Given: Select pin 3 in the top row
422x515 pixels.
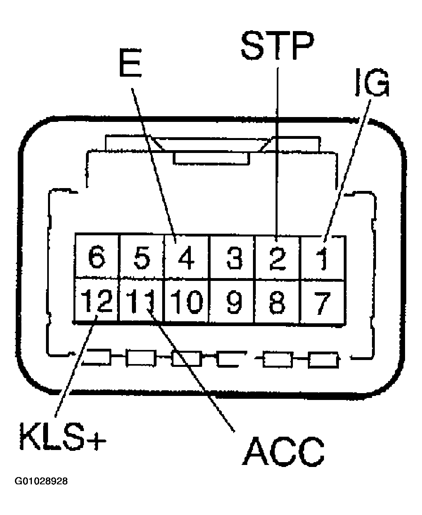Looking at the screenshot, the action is pos(233,257).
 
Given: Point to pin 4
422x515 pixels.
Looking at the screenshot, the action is pos(186,257).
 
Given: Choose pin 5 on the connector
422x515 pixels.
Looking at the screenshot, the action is pos(141,257).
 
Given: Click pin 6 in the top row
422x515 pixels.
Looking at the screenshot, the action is pos(96,257).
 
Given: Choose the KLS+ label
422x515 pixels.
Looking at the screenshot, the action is pos(63,437).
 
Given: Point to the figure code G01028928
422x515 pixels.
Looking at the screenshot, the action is pos(41,482).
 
